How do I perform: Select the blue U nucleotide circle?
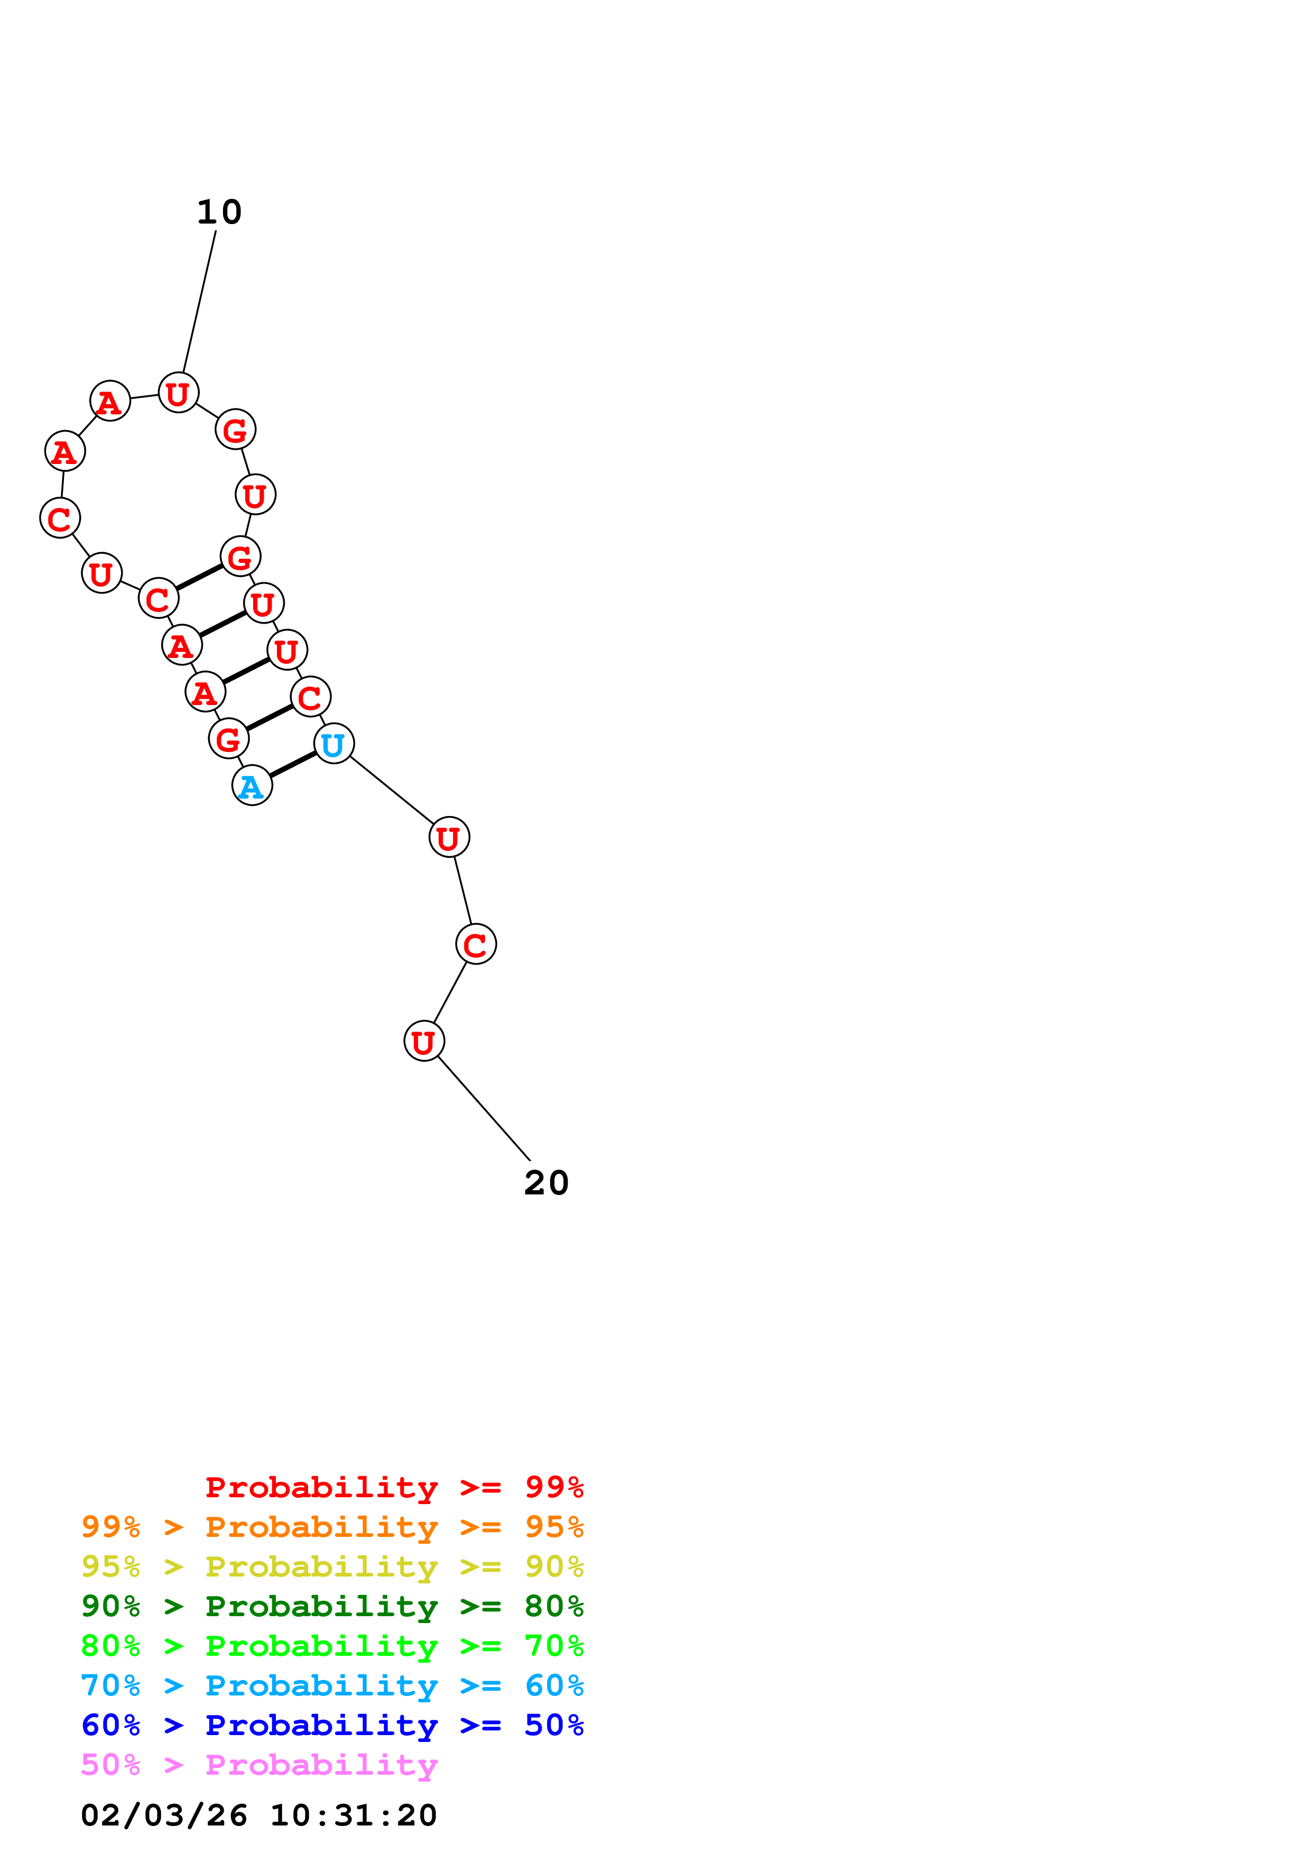333,744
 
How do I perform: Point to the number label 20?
546,1183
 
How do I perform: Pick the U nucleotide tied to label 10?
179,393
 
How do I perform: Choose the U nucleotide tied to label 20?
424,1042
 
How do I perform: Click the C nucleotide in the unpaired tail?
476,944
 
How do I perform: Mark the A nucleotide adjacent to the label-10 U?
110,401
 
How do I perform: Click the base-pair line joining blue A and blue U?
292,765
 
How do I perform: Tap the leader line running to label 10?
199,303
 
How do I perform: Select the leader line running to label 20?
482,1107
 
